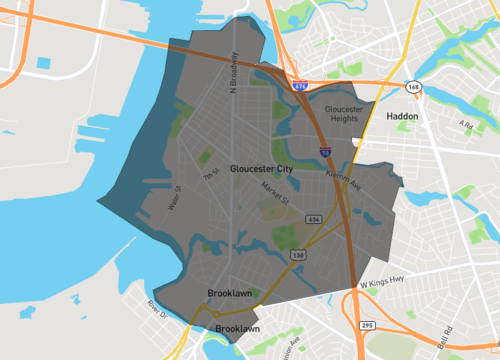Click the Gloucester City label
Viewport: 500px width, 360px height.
point(261,170)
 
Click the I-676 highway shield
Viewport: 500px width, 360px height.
point(301,88)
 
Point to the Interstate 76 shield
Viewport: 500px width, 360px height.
point(327,151)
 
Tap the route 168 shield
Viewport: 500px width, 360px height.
point(414,88)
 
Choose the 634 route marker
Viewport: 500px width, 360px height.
point(314,217)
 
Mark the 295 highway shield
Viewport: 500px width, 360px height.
point(368,325)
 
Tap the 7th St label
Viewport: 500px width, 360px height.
point(210,175)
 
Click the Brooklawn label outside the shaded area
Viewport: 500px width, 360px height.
point(238,328)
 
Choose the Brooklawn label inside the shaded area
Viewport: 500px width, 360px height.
point(229,294)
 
